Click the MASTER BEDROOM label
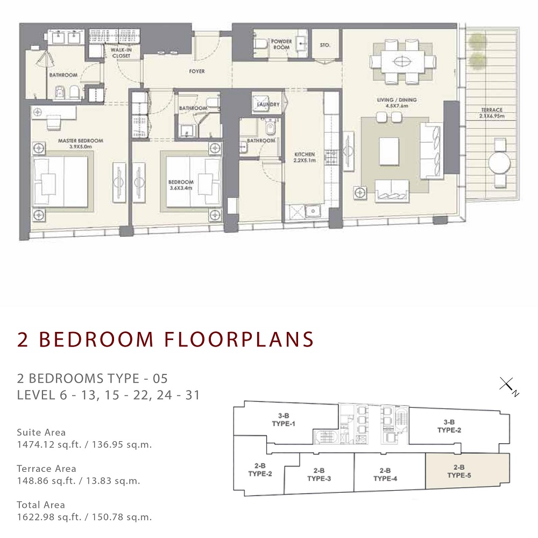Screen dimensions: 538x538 (80, 141)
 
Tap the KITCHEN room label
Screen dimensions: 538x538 (305, 154)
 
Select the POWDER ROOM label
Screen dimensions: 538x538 (281, 44)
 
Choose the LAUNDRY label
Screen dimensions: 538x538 (268, 104)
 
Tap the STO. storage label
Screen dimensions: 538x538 (324, 46)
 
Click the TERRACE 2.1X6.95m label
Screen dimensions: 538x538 (492, 113)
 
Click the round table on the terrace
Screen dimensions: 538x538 (501, 162)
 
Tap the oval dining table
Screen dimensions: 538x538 (401, 61)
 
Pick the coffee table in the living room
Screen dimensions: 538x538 (389, 151)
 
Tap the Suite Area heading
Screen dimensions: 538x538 (41, 432)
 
